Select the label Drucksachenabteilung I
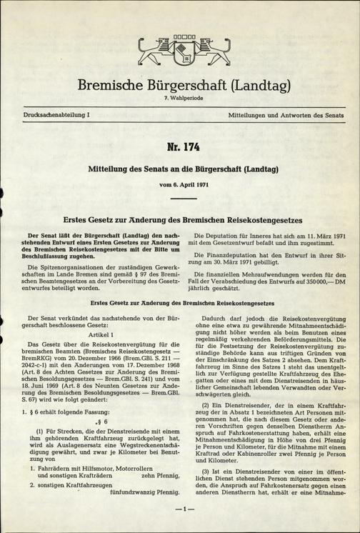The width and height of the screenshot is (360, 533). pos(50,114)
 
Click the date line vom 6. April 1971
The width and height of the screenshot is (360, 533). pos(180,185)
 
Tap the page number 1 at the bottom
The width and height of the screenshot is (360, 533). pos(180,509)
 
